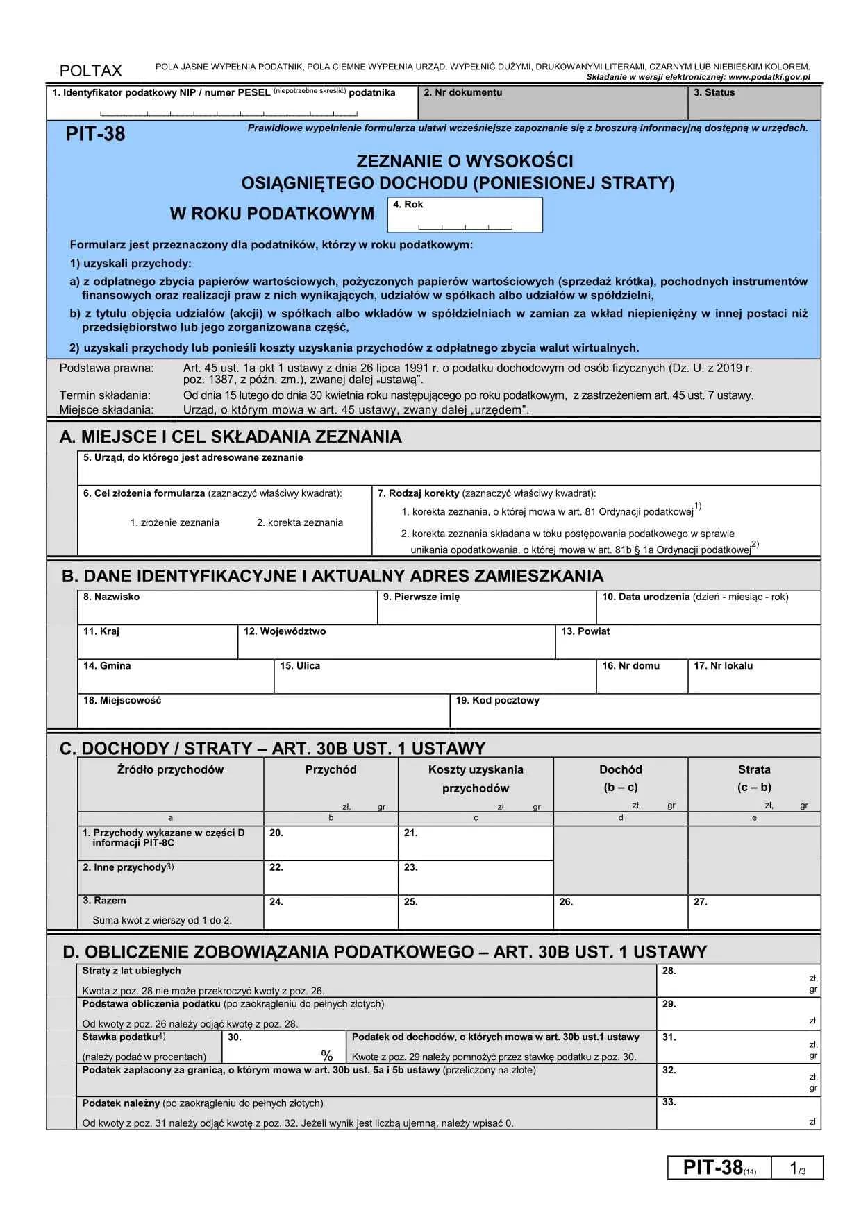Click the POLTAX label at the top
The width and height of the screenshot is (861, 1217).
click(x=90, y=71)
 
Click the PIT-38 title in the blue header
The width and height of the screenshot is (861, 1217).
click(x=95, y=134)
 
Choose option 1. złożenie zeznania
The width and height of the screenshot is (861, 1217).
click(x=174, y=522)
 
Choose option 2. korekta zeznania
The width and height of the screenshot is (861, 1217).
click(x=299, y=522)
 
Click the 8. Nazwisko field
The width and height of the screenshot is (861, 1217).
click(x=227, y=608)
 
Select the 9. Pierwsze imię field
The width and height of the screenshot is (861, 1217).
click(x=486, y=608)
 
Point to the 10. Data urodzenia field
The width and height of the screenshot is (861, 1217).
click(x=708, y=608)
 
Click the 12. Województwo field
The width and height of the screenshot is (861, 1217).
click(x=396, y=643)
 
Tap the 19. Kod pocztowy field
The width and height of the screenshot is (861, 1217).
click(x=635, y=712)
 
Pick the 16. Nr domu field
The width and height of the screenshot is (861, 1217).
click(x=642, y=677)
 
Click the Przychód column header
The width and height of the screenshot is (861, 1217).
click(x=331, y=769)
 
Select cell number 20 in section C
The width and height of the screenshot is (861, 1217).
click(x=331, y=844)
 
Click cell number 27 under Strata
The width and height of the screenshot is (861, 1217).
click(x=754, y=912)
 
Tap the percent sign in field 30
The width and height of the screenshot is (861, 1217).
click(x=327, y=1056)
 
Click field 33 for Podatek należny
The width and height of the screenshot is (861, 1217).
click(x=738, y=1113)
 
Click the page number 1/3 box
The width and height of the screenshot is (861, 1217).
click(x=797, y=1168)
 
